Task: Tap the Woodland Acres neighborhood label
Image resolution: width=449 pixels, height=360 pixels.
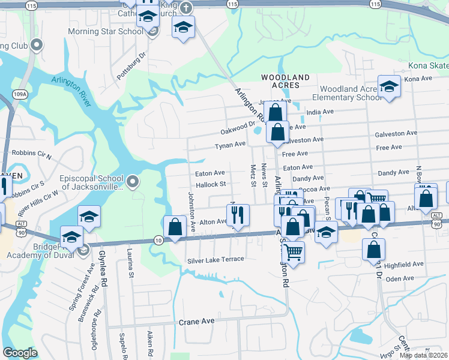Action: point(286,82)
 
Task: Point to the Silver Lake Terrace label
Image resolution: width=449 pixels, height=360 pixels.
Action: point(215,259)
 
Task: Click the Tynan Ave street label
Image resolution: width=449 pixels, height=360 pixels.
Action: point(231,145)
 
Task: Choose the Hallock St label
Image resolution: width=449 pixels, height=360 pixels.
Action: point(210,185)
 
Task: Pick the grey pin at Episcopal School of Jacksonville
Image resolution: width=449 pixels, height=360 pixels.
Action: point(133,180)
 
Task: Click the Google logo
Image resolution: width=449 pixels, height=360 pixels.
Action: point(20,353)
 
